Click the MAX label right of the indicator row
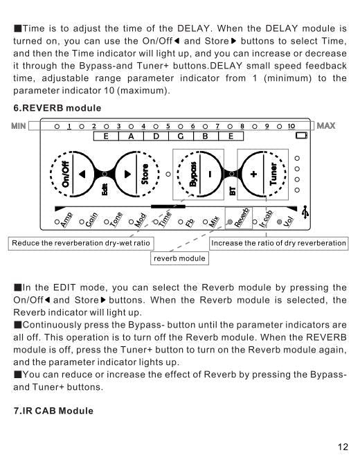pos(326,125)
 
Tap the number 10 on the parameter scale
pos(291,125)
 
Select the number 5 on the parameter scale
pos(168,125)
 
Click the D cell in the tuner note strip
pos(156,136)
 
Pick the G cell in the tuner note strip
pos(181,136)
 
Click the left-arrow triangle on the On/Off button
pos(82,175)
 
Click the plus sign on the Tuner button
pos(253,175)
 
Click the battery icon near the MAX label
pos(301,136)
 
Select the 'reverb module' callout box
pos(179,259)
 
